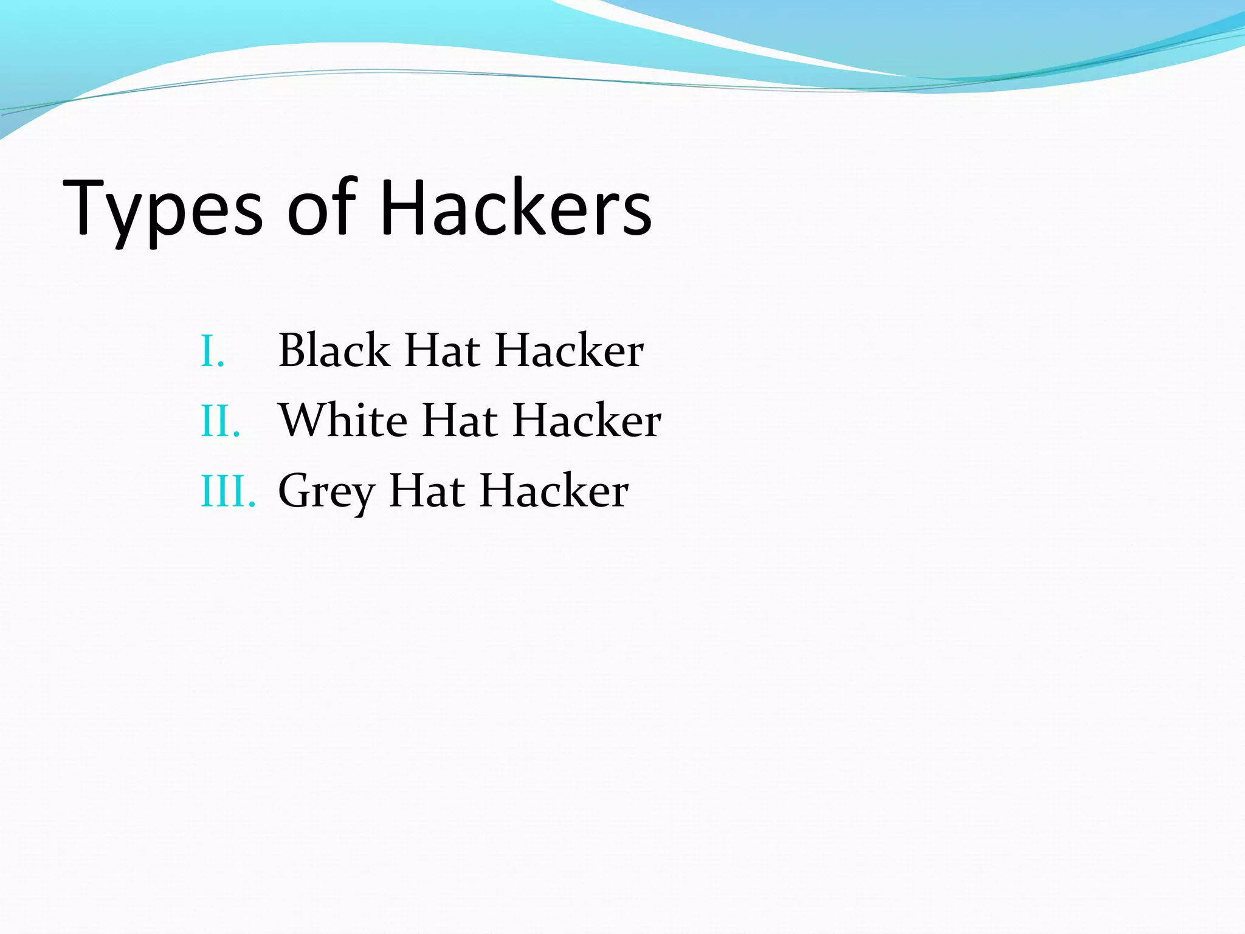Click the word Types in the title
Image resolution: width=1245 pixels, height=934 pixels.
point(163,210)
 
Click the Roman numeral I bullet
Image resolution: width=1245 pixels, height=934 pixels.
point(212,352)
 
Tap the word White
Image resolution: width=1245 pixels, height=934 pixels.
point(343,420)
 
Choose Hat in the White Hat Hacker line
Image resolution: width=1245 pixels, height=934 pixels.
point(460,421)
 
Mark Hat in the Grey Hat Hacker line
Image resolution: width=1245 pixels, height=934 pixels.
point(427,491)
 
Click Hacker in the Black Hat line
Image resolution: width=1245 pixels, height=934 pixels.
point(569,351)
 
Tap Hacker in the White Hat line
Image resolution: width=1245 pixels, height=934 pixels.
point(587,421)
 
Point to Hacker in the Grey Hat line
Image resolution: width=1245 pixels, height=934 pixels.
point(554,491)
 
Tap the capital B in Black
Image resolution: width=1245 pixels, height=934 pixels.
point(292,350)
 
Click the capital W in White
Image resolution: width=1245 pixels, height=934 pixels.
point(303,420)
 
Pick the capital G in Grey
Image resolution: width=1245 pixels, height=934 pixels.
point(294,490)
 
